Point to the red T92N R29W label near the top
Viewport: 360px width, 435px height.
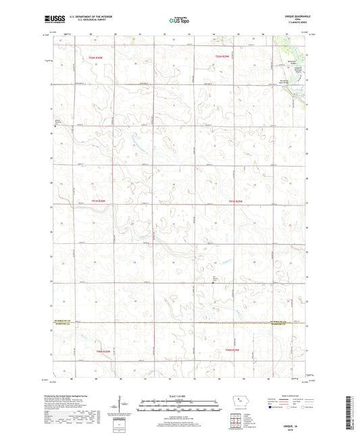(x=224, y=56)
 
